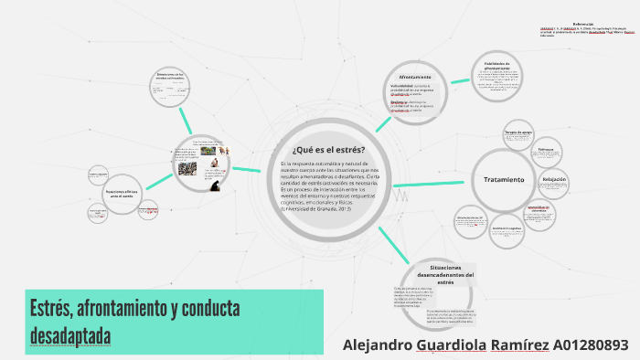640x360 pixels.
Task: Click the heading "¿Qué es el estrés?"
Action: click(x=328, y=149)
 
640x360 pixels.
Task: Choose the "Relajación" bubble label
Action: click(x=555, y=180)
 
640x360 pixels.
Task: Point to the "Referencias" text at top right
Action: click(x=583, y=24)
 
